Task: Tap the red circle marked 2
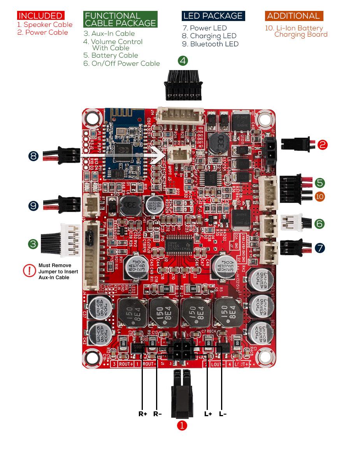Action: point(323,145)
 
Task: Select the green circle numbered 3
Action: point(33,244)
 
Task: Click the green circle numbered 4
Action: point(183,61)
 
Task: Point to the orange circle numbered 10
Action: point(320,196)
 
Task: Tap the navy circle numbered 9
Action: point(33,205)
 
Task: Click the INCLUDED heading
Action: point(40,16)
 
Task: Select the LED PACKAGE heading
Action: point(213,16)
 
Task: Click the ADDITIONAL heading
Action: point(293,16)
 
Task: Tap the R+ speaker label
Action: point(143,414)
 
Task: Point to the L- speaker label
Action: point(223,414)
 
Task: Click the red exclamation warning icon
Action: point(30,271)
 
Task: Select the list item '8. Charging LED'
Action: point(209,36)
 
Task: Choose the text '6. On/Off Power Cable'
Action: point(121,63)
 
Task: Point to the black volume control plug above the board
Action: point(183,84)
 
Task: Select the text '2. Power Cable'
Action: point(42,32)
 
